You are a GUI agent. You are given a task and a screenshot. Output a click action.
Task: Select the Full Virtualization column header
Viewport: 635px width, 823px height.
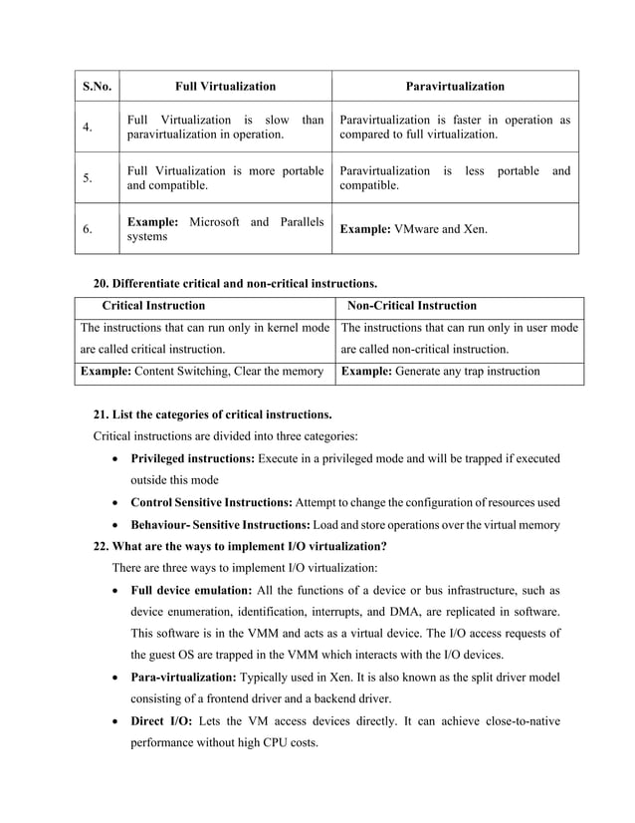[225, 87]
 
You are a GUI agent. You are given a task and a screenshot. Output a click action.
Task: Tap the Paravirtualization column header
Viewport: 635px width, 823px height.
[455, 87]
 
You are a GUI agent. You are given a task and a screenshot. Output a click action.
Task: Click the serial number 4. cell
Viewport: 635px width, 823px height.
[88, 128]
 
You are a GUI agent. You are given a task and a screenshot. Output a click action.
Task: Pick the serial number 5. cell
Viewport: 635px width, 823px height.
[88, 178]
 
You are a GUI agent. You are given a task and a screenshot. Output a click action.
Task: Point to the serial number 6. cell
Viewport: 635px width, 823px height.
[88, 228]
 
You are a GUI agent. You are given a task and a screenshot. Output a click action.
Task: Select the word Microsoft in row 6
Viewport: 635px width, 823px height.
[224, 220]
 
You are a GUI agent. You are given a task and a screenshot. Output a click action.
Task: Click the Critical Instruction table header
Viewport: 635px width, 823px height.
[154, 306]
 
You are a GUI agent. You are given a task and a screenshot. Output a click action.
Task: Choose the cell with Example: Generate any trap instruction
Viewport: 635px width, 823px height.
[439, 372]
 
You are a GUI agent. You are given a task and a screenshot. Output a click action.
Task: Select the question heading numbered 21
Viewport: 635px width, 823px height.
[212, 413]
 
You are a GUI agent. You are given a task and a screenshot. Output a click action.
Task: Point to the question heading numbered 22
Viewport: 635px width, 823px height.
[239, 546]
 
